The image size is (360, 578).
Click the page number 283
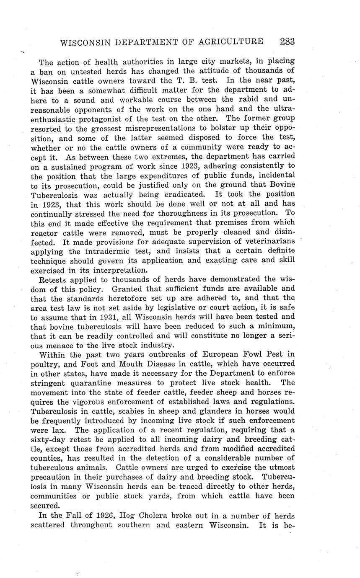pos(287,41)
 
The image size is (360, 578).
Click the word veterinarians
pos(265,241)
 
